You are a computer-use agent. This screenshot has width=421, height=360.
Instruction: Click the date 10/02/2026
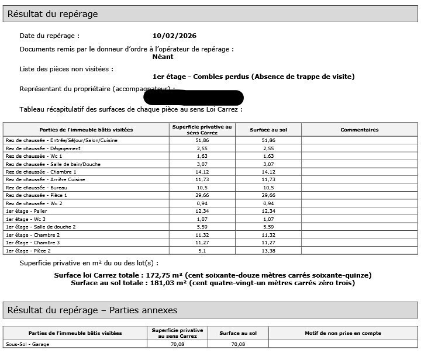pos(174,36)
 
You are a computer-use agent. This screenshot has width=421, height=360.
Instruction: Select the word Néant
pos(163,57)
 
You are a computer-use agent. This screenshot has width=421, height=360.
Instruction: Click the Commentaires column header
pos(359,130)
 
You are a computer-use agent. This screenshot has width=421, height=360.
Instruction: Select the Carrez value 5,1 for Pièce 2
pos(202,250)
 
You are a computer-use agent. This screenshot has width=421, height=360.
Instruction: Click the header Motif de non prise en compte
pos(343,333)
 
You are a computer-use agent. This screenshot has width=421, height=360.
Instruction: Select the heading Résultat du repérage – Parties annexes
pos(92,310)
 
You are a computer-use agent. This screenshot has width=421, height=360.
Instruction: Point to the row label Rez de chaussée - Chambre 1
pos(41,172)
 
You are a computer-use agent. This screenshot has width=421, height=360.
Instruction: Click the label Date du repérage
pos(49,36)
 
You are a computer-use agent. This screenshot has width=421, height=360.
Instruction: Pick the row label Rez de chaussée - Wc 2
pos(34,203)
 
